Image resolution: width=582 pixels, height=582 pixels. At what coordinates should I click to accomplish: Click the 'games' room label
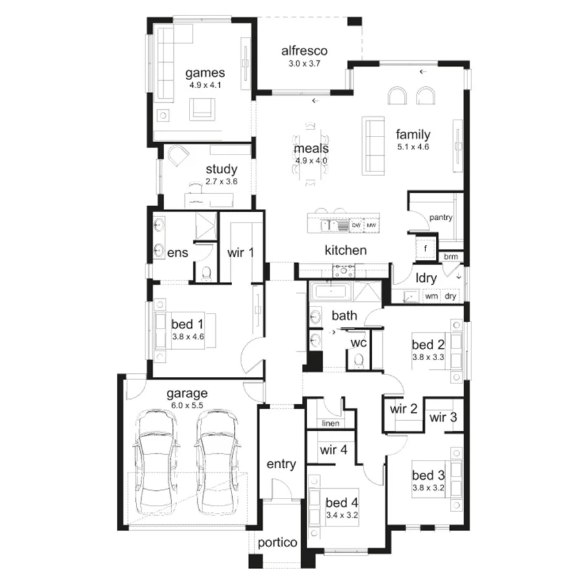pyautogui.click(x=206, y=72)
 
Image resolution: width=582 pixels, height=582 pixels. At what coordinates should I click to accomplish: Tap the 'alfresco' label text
pyautogui.click(x=305, y=51)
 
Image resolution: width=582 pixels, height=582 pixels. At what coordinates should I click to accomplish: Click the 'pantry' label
pyautogui.click(x=440, y=217)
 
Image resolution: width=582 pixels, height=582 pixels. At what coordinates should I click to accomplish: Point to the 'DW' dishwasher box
pyautogui.click(x=356, y=225)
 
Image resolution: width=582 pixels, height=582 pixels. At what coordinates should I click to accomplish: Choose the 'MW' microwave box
pyautogui.click(x=371, y=225)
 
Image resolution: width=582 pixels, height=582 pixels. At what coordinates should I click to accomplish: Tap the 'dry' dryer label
pyautogui.click(x=451, y=296)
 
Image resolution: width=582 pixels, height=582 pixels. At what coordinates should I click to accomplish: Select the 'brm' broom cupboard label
pyautogui.click(x=451, y=257)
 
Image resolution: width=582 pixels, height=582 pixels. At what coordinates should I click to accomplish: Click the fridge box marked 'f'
pyautogui.click(x=426, y=248)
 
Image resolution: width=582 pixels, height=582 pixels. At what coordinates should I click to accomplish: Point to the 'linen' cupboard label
pyautogui.click(x=330, y=424)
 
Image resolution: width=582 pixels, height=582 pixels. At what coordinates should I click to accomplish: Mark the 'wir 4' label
pyautogui.click(x=334, y=450)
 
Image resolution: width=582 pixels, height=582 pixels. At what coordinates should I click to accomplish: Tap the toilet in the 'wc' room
pyautogui.click(x=360, y=359)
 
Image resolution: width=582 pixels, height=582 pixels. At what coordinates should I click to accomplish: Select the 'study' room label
pyautogui.click(x=222, y=169)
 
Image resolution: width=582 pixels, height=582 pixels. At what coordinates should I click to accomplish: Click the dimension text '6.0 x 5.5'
pyautogui.click(x=187, y=405)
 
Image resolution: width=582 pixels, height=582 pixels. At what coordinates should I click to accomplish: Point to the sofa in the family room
pyautogui.click(x=373, y=145)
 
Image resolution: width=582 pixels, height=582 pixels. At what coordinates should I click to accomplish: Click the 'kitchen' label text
pyautogui.click(x=346, y=250)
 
